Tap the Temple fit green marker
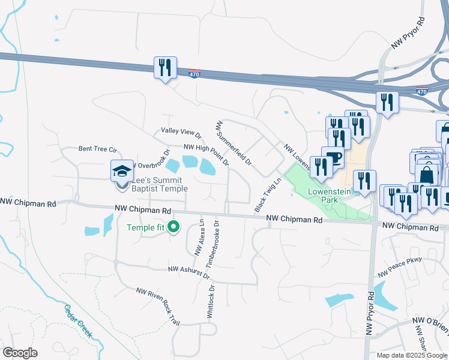(174, 227)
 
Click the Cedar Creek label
(79, 320)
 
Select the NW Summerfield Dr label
(234, 143)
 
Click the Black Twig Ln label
(268, 194)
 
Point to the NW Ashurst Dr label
(188, 272)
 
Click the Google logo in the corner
(20, 353)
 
